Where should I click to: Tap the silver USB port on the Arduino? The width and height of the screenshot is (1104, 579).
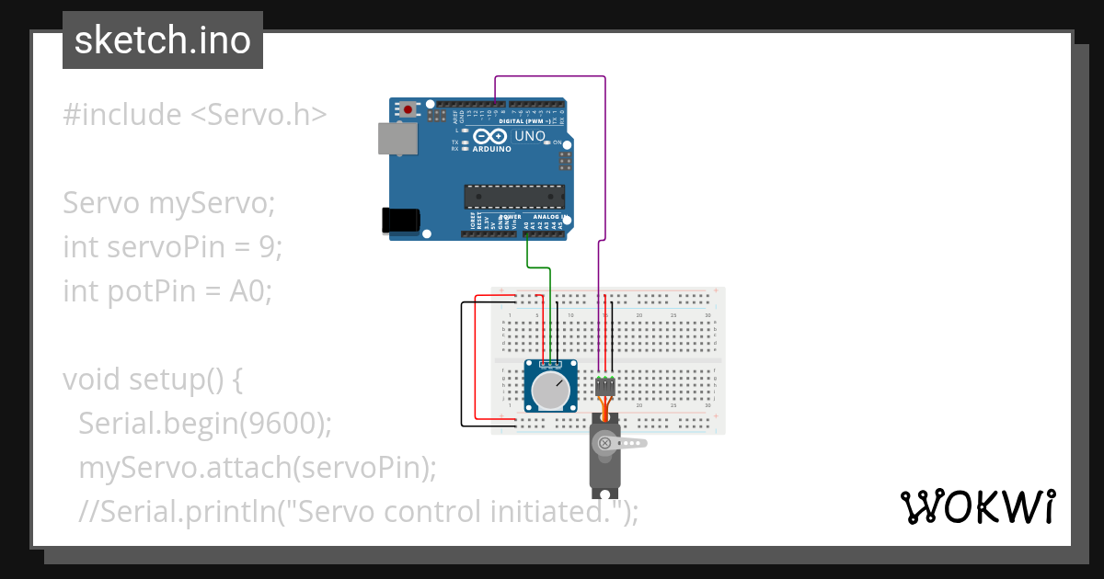coord(397,139)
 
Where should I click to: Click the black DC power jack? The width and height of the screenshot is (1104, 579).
coord(401,220)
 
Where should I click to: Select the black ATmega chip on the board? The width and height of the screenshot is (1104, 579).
coord(513,196)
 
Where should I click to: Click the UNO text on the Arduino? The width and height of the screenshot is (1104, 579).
coord(529,137)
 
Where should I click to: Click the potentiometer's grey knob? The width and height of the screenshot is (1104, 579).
coord(550,391)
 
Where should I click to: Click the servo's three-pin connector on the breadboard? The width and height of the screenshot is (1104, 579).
coord(604,385)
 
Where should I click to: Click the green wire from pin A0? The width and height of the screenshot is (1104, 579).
coord(537,267)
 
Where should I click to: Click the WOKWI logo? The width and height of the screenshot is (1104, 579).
coord(977,506)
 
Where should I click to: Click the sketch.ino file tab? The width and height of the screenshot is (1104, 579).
coord(163,40)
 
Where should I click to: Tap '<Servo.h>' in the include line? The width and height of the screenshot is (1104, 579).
coord(259,115)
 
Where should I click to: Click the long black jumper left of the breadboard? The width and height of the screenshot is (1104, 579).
coord(462,363)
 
